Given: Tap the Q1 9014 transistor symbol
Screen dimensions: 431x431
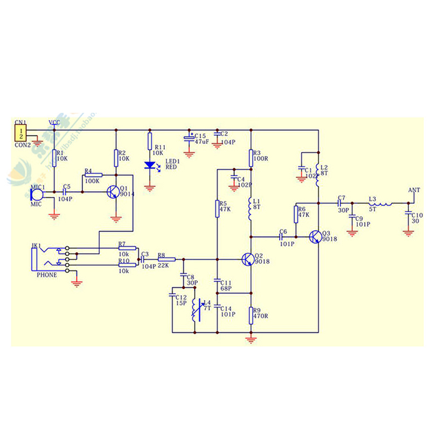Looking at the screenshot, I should click(113, 192).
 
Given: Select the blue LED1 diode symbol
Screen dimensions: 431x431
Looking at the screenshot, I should click(150, 166).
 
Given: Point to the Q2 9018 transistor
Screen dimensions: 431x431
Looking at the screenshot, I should click(248, 260).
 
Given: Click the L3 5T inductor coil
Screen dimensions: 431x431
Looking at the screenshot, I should click(380, 203).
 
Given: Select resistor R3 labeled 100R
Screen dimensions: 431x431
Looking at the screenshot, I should click(251, 158).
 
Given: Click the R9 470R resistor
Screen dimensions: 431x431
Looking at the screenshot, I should click(251, 315).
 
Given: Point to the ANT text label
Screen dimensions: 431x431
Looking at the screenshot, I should click(414, 190).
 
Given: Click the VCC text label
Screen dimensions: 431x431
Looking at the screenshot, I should click(54, 123).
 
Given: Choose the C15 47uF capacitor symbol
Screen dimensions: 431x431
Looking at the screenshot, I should click(189, 138).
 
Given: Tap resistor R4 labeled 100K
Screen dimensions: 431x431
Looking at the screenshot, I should click(94, 175).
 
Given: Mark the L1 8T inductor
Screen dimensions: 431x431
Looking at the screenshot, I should click(251, 210).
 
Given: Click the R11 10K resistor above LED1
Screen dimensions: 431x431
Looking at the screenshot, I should click(150, 142).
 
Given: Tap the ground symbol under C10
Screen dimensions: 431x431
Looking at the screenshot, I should click(408, 233).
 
